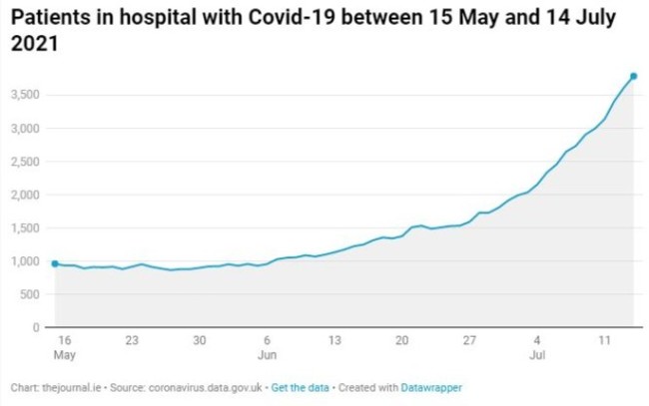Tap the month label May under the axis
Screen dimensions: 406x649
pyautogui.click(x=64, y=355)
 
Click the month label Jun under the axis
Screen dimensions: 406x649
pyautogui.click(x=267, y=355)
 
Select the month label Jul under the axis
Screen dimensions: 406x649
pyautogui.click(x=536, y=355)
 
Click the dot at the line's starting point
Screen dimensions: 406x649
pyautogui.click(x=54, y=263)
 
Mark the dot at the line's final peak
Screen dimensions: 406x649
pyautogui.click(x=633, y=77)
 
